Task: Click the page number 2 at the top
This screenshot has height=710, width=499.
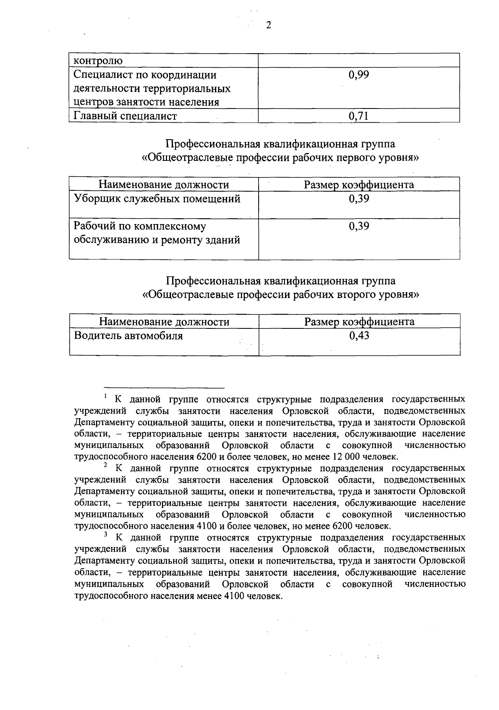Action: pyautogui.click(x=268, y=25)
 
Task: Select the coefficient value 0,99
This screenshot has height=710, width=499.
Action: pyautogui.click(x=359, y=75)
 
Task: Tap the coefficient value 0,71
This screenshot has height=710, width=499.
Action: pyautogui.click(x=359, y=116)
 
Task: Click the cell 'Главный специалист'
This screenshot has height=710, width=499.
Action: pyautogui.click(x=125, y=116)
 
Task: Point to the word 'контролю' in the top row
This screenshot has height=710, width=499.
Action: pyautogui.click(x=98, y=61)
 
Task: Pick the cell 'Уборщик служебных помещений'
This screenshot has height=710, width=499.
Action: pyautogui.click(x=157, y=199)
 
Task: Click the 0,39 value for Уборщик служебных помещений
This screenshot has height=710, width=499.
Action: pyautogui.click(x=359, y=199)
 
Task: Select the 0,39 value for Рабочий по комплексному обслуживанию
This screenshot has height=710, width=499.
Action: pyautogui.click(x=359, y=226)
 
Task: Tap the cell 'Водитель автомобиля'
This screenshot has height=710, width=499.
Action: pyautogui.click(x=128, y=335)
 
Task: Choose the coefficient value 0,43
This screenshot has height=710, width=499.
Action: pyautogui.click(x=359, y=335)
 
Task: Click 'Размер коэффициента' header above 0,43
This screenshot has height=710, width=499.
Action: pyautogui.click(x=359, y=322)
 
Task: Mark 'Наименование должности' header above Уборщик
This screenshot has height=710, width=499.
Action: pyautogui.click(x=164, y=185)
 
